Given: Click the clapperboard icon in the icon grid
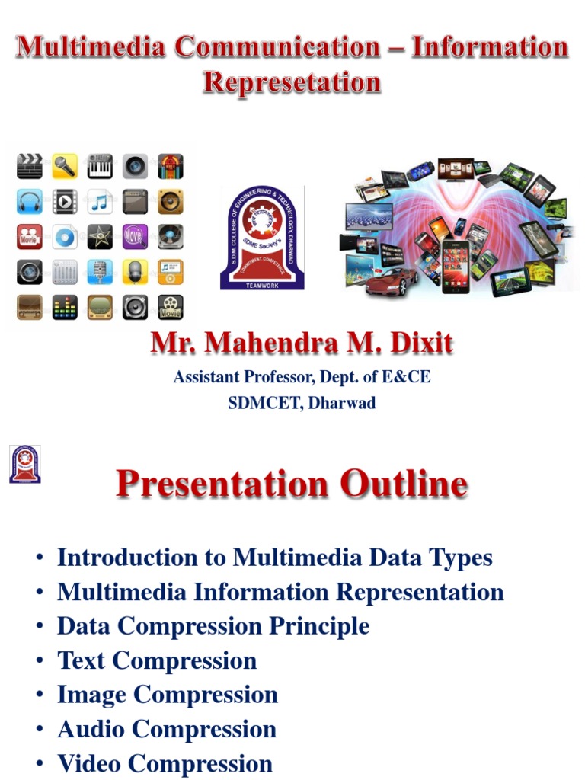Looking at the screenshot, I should (30, 165).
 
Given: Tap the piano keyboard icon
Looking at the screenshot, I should (100, 165).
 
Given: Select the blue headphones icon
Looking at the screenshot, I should (30, 201).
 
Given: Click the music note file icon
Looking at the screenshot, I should (100, 201).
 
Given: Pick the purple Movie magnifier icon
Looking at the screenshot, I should (135, 237).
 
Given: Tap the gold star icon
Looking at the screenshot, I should (100, 237).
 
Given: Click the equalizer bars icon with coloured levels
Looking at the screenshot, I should (65, 307).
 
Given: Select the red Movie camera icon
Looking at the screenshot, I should (30, 237).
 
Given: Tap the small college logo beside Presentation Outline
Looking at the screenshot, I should (24, 464).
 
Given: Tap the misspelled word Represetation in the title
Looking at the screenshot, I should (292, 82).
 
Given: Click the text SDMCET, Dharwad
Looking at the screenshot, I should (302, 404).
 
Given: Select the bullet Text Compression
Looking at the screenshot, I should (157, 660).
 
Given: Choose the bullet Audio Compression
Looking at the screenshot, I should (167, 729).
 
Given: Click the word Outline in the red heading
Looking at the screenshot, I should (404, 484).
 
